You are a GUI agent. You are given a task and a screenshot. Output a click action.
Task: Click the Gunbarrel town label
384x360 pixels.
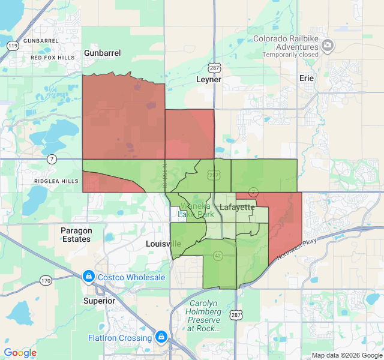pos(102,53)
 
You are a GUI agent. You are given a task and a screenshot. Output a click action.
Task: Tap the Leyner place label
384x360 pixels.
pos(209,79)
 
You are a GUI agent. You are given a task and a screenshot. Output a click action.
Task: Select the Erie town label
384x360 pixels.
pos(307,78)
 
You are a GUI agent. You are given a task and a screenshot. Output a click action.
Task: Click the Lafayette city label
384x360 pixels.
pos(237,207)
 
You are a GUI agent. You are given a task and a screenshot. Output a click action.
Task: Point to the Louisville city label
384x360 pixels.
pos(163,244)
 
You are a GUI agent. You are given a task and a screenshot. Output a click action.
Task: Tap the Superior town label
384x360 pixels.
pos(99,301)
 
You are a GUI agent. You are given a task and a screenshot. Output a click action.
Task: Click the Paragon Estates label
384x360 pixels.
pos(76,235)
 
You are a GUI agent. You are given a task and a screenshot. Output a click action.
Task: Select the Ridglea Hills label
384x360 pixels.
pos(56,181)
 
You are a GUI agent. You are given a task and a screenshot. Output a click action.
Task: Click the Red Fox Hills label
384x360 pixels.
pos(53,58)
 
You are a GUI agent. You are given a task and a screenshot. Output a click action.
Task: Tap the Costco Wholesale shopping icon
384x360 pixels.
pos(88,277)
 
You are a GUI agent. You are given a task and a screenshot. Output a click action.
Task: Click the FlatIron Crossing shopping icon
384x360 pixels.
pos(161,337)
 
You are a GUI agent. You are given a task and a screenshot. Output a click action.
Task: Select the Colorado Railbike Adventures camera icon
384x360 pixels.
pos(328,45)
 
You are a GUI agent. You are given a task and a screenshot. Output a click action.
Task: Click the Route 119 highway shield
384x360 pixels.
pos(12,45)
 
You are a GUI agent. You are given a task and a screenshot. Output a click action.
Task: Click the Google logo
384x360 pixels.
pos(20,353)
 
